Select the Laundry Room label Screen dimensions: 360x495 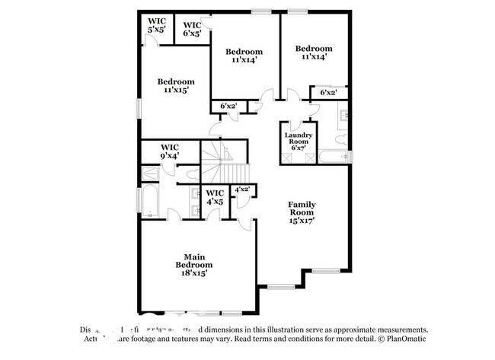pos(298,139)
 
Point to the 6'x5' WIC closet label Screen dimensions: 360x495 pos(192,29)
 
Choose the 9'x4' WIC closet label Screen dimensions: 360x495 pos(169,151)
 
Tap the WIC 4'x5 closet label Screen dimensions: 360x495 pos(215,197)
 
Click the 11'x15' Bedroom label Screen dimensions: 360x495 pos(176,85)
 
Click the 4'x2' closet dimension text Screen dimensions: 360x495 pos(242,189)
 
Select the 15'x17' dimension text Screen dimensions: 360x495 pos(301,220)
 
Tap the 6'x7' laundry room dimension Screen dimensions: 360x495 pos(298,146)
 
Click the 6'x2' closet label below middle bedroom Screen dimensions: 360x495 pos(228,106)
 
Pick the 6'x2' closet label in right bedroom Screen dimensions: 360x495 pos(328,93)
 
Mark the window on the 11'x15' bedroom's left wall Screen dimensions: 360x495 pos(138,107)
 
